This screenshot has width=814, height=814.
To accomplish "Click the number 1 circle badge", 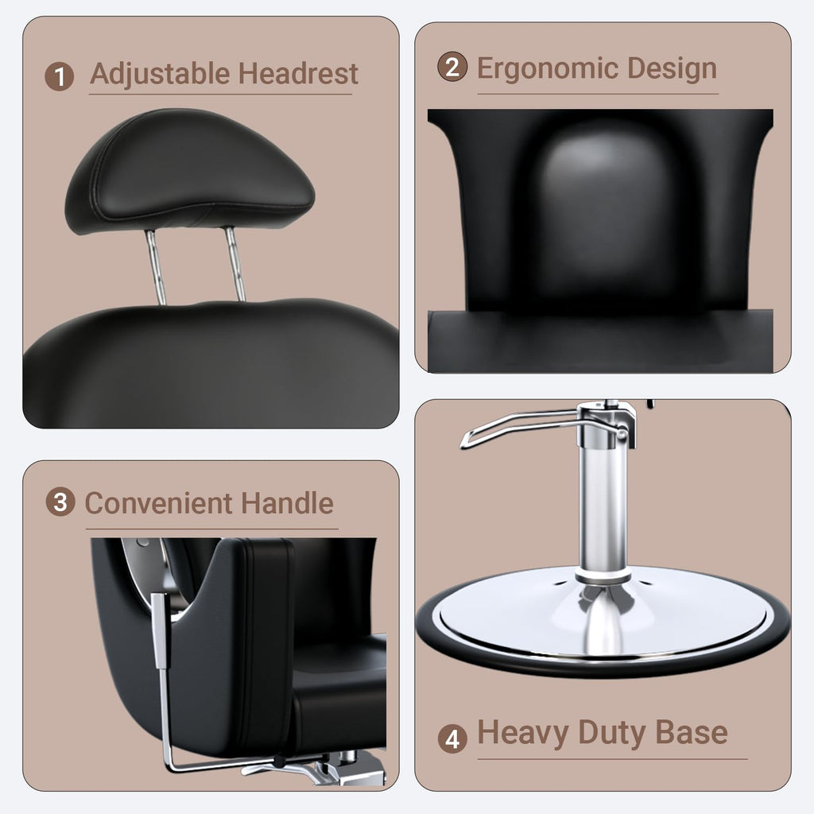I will (x=60, y=77).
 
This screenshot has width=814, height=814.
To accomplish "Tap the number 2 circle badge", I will (x=452, y=67).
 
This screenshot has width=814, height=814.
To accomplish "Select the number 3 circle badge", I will (x=60, y=502).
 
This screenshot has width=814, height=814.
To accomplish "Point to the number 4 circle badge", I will (x=452, y=738).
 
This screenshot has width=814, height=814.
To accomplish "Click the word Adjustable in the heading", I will (x=161, y=74).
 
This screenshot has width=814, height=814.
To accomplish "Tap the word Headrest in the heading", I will (x=299, y=74).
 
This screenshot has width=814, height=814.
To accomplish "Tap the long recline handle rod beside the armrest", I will (x=165, y=684).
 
